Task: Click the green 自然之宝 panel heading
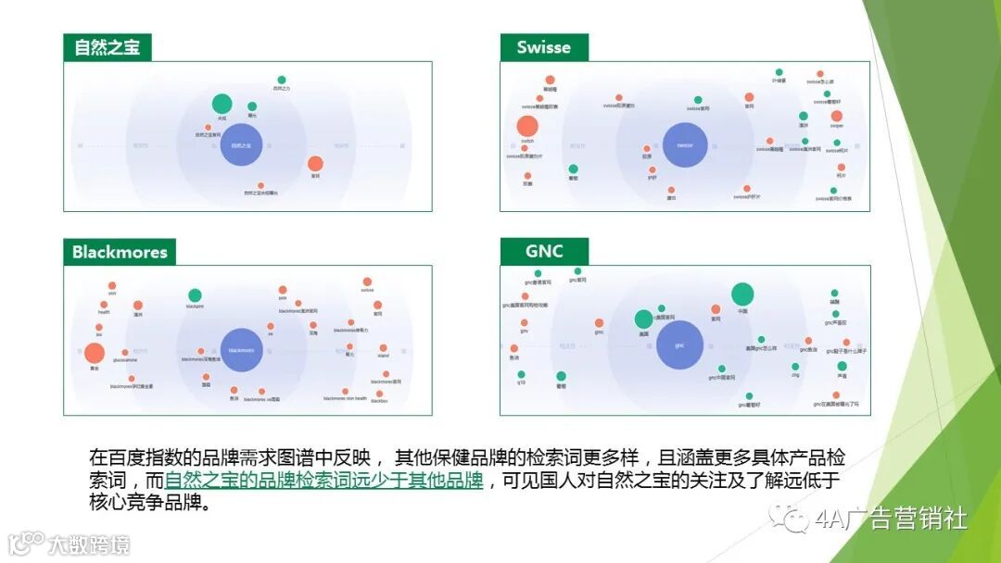107,48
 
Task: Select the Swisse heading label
543,48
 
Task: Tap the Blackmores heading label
120,252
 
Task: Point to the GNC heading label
544,252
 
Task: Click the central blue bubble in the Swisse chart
685,145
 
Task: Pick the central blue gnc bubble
679,345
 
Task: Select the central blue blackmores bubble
242,350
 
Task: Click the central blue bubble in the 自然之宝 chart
242,145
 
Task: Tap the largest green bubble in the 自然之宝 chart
222,104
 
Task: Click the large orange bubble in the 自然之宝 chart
315,164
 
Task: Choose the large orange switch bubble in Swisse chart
527,127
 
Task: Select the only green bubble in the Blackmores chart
195,295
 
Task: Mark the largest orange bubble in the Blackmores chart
95,353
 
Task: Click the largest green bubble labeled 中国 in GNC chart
742,294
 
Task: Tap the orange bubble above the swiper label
837,116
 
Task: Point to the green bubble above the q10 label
521,375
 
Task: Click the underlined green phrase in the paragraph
323,482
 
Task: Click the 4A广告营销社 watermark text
891,519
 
